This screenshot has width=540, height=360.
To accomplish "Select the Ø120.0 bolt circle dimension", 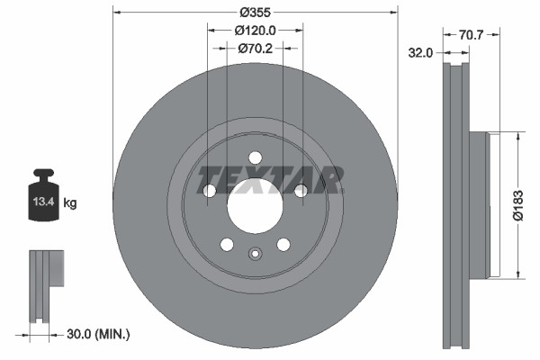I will [256, 31].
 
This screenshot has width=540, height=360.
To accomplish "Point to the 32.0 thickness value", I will [422, 53].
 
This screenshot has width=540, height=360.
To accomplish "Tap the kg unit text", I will [70, 203].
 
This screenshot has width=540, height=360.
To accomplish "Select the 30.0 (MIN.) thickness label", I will [100, 334].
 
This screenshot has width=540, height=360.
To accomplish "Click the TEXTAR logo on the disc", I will [270, 179].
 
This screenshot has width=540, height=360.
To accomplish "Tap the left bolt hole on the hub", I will [210, 190].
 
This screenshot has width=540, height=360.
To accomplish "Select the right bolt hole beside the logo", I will [301, 190].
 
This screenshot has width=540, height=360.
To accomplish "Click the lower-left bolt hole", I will [227, 244].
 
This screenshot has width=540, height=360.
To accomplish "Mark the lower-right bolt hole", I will [283, 244].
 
